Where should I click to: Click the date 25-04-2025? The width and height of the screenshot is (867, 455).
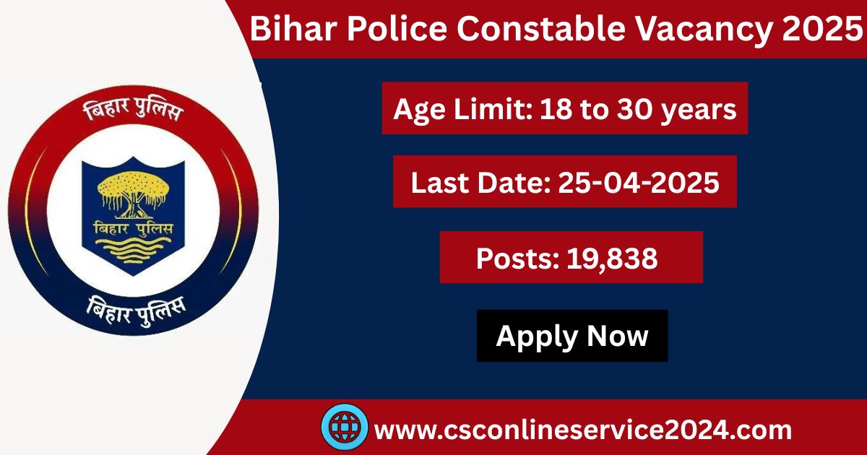coord(639,182)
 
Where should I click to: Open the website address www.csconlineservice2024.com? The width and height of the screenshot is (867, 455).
coord(584,430)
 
